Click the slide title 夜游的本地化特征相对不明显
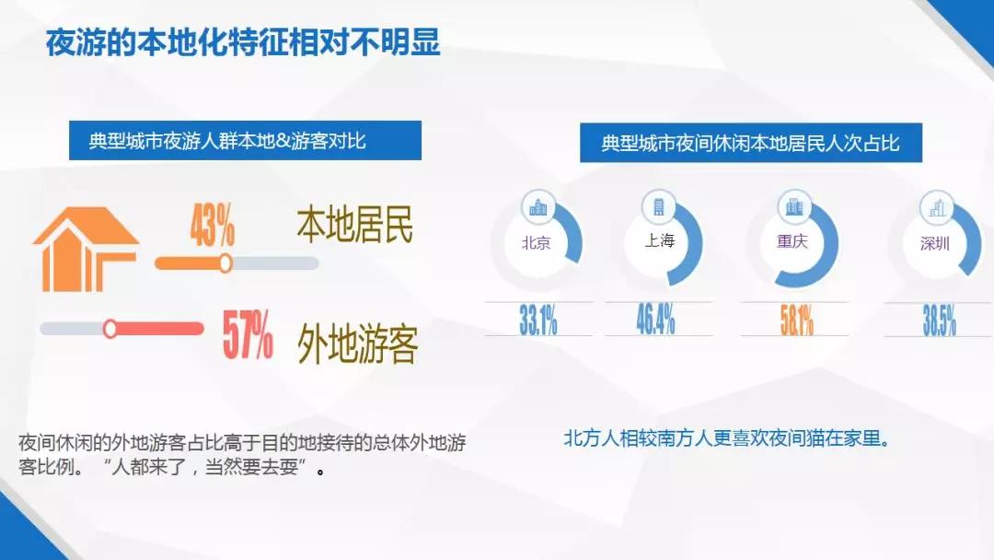point(243,42)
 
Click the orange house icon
point(85,250)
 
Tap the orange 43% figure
point(213,225)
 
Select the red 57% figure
point(248,334)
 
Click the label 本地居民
point(355,225)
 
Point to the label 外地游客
point(357,344)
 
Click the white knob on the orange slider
point(225,262)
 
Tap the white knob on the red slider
point(110,329)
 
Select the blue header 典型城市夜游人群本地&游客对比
point(245,140)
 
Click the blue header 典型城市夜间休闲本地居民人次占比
point(751,143)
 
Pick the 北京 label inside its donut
point(536,243)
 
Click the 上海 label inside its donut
point(659,240)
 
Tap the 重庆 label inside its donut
point(792,241)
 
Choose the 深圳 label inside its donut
point(934,243)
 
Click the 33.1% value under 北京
point(538,319)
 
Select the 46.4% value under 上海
point(655,319)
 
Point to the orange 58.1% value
point(797,320)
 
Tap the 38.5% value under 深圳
point(939,320)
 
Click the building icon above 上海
point(659,206)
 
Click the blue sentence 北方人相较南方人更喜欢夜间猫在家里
point(728,438)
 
